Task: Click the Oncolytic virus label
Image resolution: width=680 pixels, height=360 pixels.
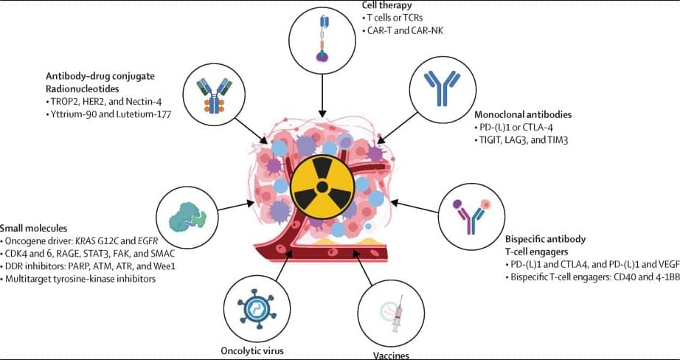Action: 252,350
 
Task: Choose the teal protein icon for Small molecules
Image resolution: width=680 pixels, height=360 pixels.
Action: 187,216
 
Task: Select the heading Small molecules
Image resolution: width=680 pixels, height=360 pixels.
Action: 34,228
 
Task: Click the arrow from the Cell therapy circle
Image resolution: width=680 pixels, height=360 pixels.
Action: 322,96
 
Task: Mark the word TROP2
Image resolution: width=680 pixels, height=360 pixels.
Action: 61,100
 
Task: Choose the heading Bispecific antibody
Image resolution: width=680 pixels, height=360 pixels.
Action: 545,239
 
